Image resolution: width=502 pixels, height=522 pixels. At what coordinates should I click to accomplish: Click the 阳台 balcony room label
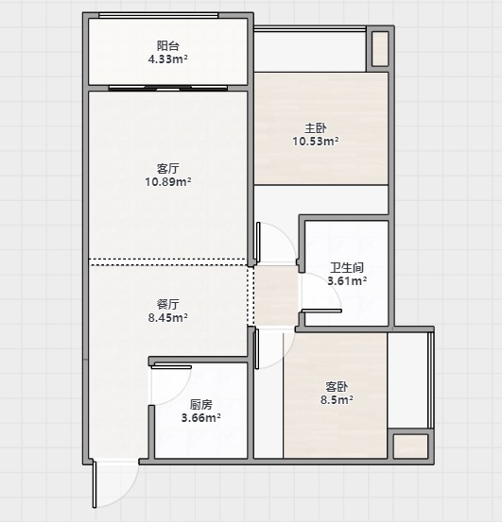(x=167, y=45)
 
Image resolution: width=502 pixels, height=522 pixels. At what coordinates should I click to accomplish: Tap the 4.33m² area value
(x=167, y=59)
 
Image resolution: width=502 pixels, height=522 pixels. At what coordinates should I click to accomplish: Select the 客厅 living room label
(x=167, y=168)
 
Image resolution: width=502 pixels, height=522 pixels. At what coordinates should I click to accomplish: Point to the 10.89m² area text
(x=167, y=182)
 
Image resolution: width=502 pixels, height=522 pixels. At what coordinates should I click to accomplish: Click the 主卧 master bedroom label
(x=316, y=127)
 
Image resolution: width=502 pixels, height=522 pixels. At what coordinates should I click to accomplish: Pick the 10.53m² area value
(x=316, y=142)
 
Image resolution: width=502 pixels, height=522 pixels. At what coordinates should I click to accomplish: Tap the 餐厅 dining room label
(x=167, y=304)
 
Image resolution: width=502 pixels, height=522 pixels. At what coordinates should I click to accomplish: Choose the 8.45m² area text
(x=167, y=317)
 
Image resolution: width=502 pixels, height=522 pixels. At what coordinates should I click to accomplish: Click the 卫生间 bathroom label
(x=347, y=267)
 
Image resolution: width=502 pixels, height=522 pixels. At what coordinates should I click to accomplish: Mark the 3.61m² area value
(x=347, y=281)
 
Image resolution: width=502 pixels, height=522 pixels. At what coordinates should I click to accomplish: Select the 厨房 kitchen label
(x=201, y=405)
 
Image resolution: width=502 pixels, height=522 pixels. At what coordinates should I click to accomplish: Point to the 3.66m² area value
(x=201, y=417)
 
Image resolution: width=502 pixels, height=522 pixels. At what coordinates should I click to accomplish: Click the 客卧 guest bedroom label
(x=337, y=386)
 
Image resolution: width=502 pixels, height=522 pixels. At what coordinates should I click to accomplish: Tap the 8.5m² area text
(x=337, y=399)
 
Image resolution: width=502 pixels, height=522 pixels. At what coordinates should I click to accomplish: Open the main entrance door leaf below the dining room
(x=95, y=484)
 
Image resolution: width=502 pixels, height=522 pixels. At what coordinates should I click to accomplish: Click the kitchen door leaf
(x=171, y=367)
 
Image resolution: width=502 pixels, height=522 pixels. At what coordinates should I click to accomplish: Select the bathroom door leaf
(x=321, y=311)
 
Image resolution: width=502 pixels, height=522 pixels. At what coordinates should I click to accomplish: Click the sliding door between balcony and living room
(x=168, y=88)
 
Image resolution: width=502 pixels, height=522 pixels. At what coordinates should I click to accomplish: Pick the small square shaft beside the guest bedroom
(x=410, y=446)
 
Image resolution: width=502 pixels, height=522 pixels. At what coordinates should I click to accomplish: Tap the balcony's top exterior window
(x=158, y=15)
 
